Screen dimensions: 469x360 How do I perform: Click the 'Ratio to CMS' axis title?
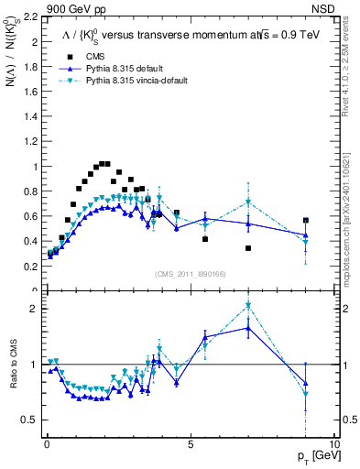point(12,379)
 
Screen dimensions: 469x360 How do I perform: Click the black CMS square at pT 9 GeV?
point(306,221)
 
